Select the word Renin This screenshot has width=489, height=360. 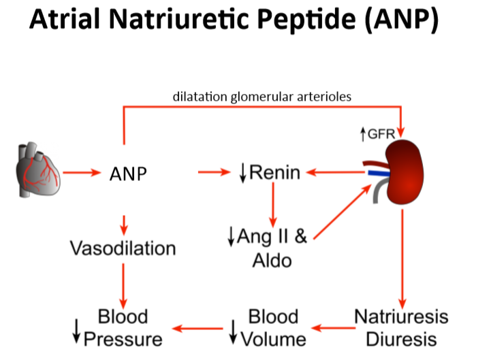tap(274, 172)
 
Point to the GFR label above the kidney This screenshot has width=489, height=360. tap(381, 135)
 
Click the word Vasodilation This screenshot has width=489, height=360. tap(123, 248)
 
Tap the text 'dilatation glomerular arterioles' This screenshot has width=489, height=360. tap(262, 96)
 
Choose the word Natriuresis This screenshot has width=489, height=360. tap(401, 316)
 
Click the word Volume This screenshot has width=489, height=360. tap(276, 338)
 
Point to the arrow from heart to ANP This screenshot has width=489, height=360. tap(85, 174)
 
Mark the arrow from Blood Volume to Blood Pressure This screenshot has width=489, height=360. tap(198, 328)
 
